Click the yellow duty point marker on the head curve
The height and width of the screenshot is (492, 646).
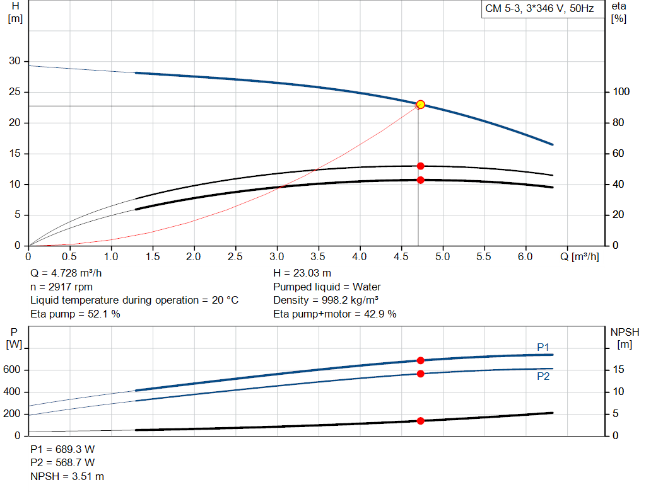(x=421, y=105)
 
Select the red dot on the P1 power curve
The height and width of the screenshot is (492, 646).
(x=421, y=360)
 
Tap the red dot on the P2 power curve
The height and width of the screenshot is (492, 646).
(x=421, y=374)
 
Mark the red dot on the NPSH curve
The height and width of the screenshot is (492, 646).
(x=421, y=421)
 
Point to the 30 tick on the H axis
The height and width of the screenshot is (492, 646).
(x=14, y=61)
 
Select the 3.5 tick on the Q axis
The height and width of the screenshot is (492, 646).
(x=319, y=257)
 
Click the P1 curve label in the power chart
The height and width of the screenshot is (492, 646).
(x=543, y=347)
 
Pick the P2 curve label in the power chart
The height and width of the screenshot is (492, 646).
(x=543, y=377)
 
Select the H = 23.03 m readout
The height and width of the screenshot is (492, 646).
(x=302, y=273)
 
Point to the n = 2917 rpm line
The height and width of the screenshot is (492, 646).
(x=62, y=287)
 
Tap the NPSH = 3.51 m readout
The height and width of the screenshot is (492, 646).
(x=67, y=476)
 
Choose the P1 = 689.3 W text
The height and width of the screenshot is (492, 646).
(x=62, y=450)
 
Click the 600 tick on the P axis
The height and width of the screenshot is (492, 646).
(x=14, y=370)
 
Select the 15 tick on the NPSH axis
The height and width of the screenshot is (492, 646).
(x=620, y=370)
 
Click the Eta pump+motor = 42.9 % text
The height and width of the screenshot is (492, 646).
(x=334, y=314)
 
